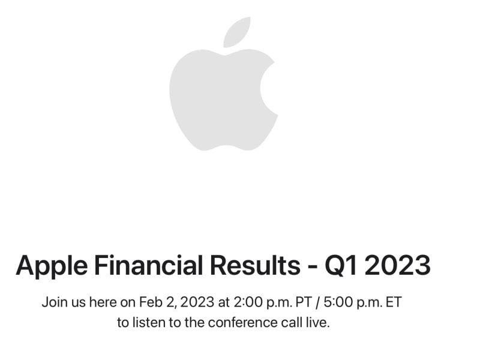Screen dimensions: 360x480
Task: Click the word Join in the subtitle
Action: (x=54, y=302)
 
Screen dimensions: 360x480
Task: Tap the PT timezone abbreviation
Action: (x=303, y=302)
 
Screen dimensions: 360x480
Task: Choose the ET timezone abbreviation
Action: (x=393, y=302)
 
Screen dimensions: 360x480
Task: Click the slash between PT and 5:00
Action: (x=319, y=302)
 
